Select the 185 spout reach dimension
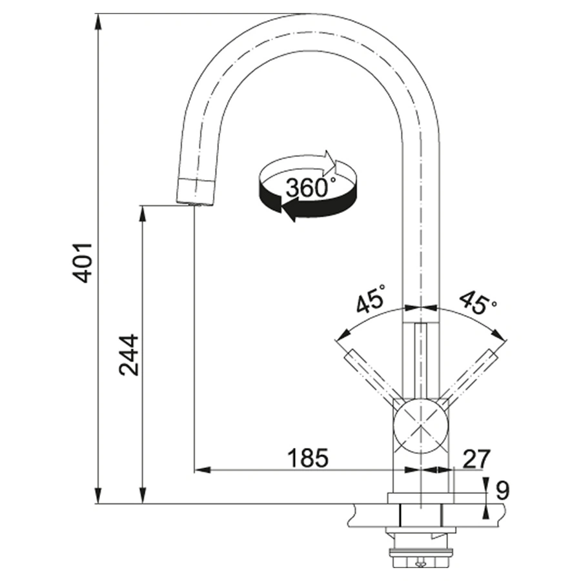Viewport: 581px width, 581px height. (308, 458)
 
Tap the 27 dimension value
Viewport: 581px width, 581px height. (477, 458)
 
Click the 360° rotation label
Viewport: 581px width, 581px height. (311, 187)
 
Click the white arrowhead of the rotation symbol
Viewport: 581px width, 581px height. (330, 161)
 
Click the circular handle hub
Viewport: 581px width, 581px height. (421, 427)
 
